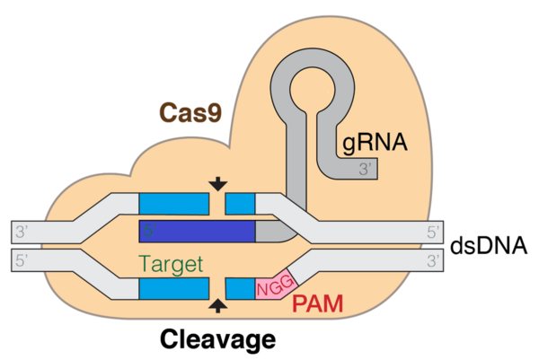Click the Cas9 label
190,113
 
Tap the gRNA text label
375,142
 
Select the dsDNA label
489,245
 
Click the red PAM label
318,303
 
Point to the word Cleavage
217,339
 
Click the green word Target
171,264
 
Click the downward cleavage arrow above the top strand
217,184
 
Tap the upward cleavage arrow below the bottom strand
217,305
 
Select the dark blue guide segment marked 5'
197,232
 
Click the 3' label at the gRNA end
365,169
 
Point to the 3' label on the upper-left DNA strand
21,232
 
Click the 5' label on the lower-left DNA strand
21,260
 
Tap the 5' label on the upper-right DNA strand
433,233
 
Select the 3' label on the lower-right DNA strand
433,261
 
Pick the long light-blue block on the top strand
174,204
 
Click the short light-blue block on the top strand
240,204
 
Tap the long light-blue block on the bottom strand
174,288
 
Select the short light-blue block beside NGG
240,288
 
